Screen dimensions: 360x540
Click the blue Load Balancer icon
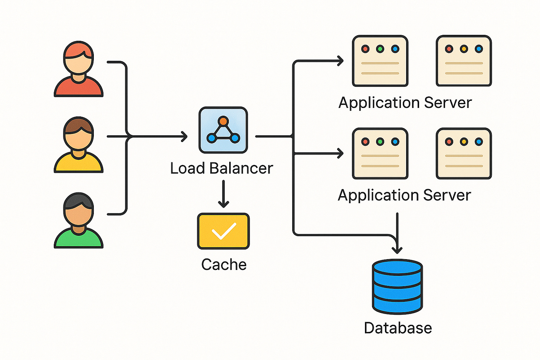click(223, 130)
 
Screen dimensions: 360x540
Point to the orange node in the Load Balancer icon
click(223, 121)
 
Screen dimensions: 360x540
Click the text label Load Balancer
click(221, 168)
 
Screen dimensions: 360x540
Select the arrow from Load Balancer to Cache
click(223, 194)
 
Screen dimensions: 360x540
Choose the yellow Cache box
click(223, 231)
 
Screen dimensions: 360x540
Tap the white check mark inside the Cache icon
click(224, 231)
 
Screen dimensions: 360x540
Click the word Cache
click(224, 265)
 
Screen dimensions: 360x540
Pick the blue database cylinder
click(397, 287)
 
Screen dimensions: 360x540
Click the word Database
click(398, 328)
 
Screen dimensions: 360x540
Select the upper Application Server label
click(405, 103)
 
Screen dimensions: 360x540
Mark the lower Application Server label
click(404, 195)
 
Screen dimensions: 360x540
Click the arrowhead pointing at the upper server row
click(340, 61)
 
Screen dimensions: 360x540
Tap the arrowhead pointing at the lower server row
click(340, 153)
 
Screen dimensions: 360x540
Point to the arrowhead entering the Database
click(397, 249)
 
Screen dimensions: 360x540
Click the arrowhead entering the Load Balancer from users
click(184, 136)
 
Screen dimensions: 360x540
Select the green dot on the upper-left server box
click(380, 49)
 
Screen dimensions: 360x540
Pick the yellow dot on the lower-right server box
click(464, 142)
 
